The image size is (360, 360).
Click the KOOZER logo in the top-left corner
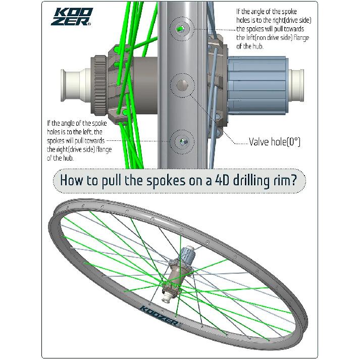72,16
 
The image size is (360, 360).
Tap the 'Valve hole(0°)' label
274,142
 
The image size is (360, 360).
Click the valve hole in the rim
182,85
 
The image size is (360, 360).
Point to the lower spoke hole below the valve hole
182,142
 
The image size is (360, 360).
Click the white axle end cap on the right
296,85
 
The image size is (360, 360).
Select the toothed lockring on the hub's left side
99,85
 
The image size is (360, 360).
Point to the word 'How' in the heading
71,180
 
